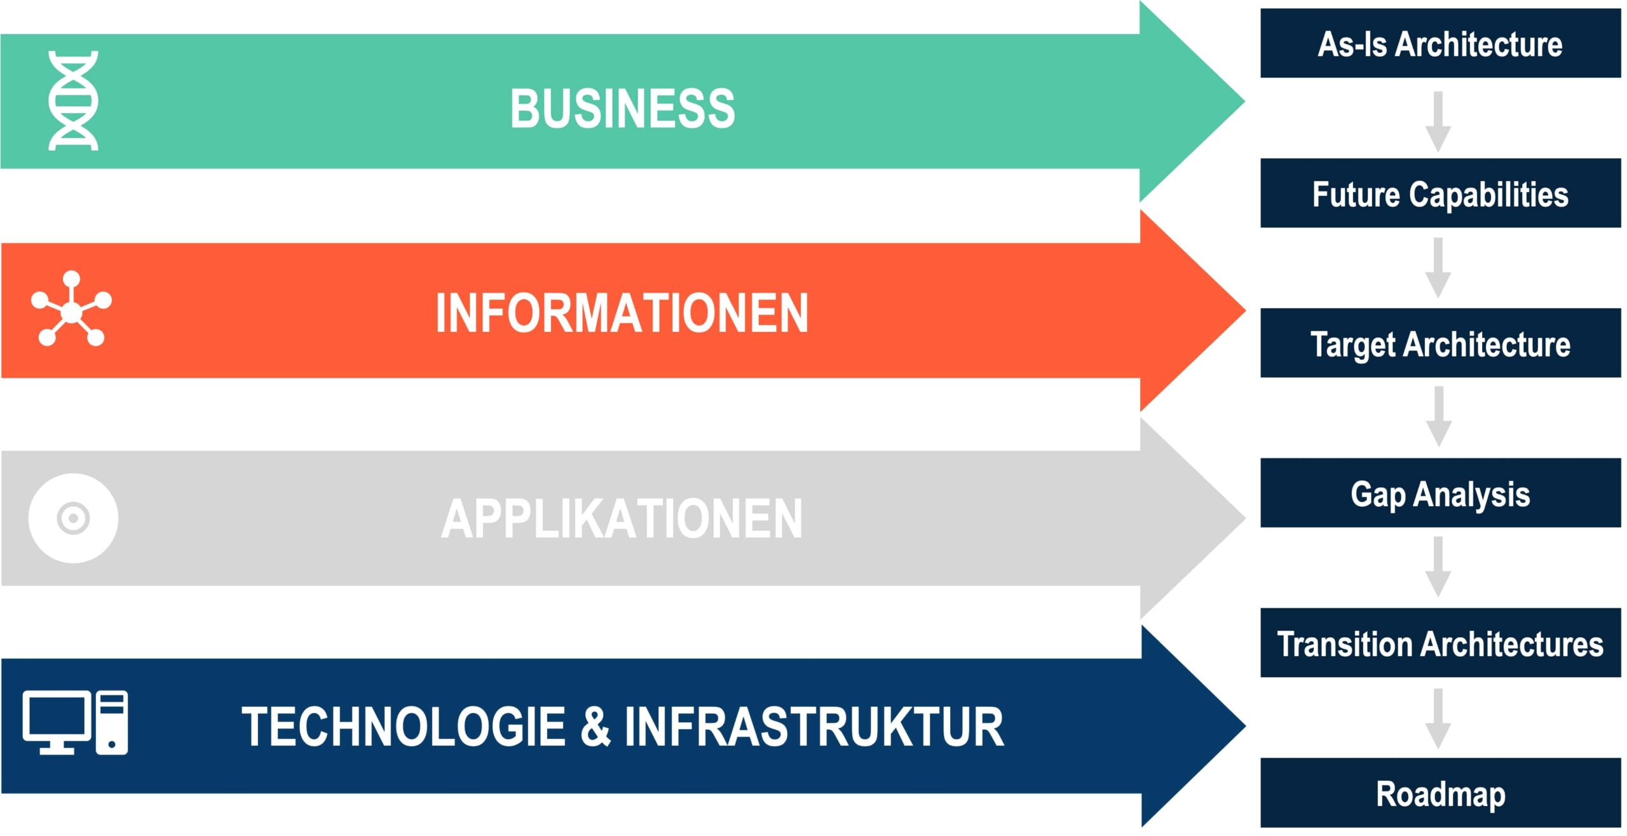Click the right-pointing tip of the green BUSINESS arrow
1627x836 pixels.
[x=1244, y=101]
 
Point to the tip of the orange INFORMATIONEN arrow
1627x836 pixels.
[x=1245, y=310]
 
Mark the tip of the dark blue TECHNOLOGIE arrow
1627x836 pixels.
[x=1245, y=725]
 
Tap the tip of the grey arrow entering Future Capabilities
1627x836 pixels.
[x=1438, y=153]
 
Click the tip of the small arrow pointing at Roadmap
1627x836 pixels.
[x=1438, y=750]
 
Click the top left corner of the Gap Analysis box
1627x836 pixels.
[x=1261, y=458]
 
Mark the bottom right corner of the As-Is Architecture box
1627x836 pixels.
[x=1621, y=78]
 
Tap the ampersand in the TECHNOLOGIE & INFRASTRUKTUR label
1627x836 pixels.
[x=596, y=726]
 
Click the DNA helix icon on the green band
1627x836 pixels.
[x=73, y=100]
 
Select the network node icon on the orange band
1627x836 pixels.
[x=72, y=309]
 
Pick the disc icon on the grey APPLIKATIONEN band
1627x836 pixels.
[x=73, y=518]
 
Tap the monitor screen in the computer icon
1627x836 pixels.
[x=57, y=716]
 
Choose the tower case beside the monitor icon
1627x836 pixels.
[x=112, y=722]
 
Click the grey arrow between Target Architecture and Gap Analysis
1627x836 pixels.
[x=1438, y=417]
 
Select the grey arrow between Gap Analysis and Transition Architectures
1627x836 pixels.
[x=1438, y=567]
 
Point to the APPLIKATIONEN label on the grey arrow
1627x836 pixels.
[x=622, y=519]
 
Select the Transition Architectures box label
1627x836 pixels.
[x=1440, y=644]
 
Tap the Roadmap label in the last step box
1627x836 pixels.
[x=1441, y=795]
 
